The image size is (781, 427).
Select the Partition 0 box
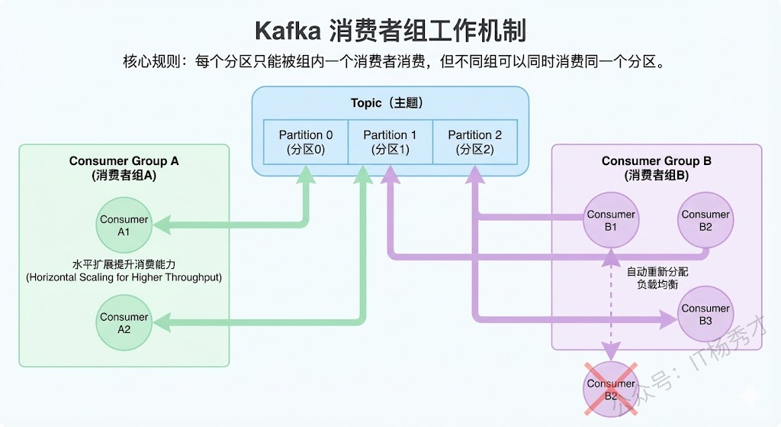[306, 142]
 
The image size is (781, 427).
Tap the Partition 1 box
[390, 142]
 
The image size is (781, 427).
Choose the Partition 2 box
[474, 142]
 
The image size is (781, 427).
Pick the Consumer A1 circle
[124, 225]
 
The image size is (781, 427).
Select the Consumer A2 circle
[124, 322]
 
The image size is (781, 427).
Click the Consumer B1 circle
[611, 221]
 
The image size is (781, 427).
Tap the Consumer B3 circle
[705, 314]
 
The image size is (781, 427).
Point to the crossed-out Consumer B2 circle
[611, 389]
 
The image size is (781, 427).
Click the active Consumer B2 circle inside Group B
[705, 221]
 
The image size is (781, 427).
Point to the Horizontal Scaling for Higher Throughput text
[124, 277]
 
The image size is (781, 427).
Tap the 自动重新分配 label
[657, 272]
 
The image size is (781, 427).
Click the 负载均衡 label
[657, 285]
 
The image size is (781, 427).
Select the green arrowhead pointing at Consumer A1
[161, 224]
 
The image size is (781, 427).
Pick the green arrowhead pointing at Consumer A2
[161, 323]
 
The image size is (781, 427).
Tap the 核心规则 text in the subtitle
[149, 62]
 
